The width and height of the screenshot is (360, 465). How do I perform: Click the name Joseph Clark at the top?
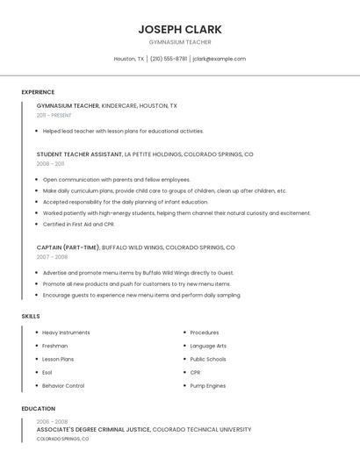(180, 29)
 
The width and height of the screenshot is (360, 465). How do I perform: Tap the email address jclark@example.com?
(219, 59)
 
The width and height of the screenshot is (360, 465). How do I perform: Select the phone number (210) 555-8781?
(169, 59)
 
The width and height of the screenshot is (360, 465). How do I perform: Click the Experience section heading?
(38, 92)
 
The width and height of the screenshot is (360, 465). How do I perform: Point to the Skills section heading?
(31, 316)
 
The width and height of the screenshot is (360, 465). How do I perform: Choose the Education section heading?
(39, 409)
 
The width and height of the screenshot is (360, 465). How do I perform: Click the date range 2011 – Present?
(54, 115)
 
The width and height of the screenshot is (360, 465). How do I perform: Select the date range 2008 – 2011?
(50, 164)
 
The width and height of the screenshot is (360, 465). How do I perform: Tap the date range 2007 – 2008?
(52, 257)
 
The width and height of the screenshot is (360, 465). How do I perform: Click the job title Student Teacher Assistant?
(79, 154)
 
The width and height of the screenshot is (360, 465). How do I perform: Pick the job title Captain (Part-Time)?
(68, 247)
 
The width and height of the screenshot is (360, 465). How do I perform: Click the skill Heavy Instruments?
(66, 333)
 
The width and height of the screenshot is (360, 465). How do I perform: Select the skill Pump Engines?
(208, 386)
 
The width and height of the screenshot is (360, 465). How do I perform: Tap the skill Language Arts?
(208, 346)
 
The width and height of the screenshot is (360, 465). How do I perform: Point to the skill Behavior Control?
(63, 386)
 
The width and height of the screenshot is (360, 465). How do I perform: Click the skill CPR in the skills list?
(195, 373)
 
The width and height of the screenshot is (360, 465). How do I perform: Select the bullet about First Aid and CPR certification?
(80, 224)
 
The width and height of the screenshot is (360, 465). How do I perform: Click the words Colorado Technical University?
(202, 430)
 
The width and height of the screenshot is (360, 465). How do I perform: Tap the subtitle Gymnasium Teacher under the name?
(180, 42)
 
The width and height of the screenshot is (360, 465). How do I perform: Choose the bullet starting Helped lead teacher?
(123, 131)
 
